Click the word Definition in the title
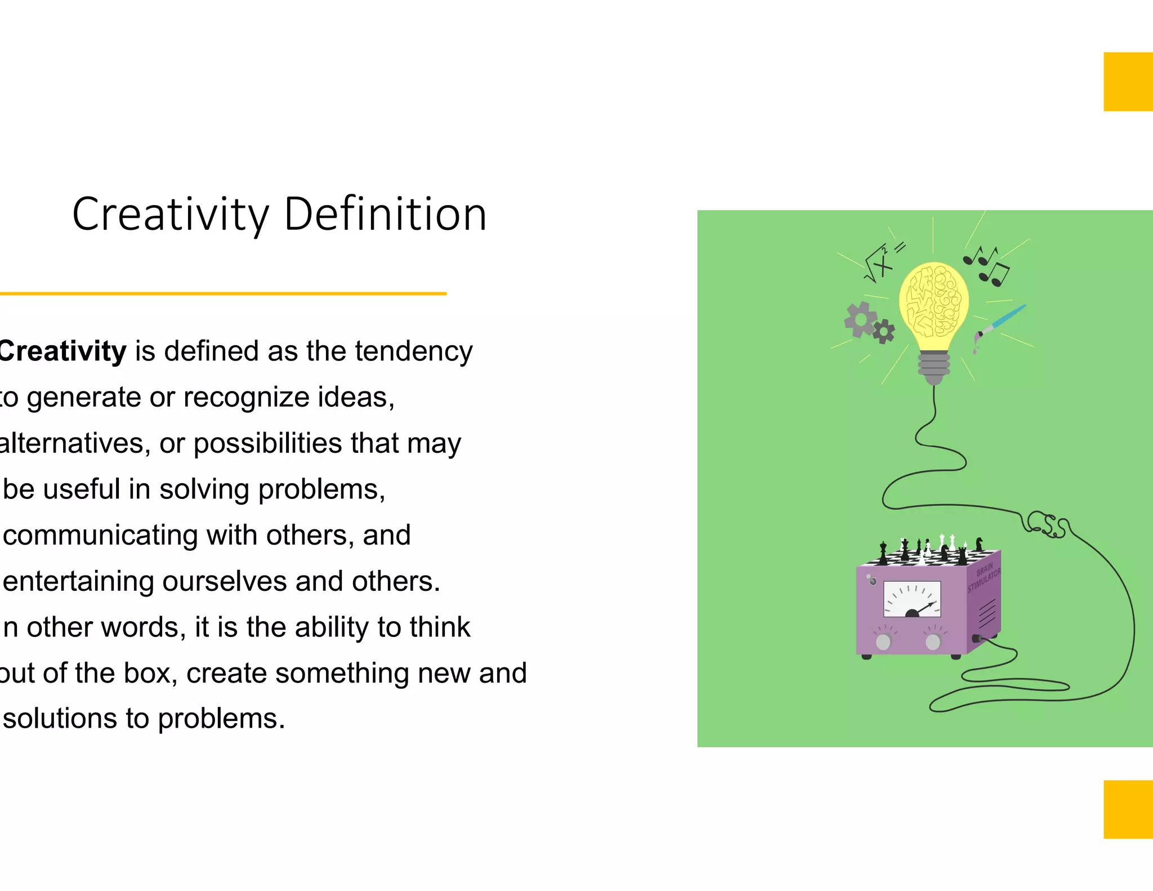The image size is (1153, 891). coord(385,215)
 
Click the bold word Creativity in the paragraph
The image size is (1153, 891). coord(62,351)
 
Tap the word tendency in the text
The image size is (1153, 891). coord(413,351)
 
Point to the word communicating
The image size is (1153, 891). coord(100,536)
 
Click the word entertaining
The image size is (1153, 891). coord(78,581)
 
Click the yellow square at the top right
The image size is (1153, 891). coord(1128,82)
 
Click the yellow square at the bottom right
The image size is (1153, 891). coord(1128,809)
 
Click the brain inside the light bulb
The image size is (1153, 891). coord(933,300)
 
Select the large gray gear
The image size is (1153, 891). coord(860,319)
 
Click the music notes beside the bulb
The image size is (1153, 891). coord(986,265)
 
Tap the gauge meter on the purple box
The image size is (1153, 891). coord(912,599)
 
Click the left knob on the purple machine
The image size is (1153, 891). coord(883,641)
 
